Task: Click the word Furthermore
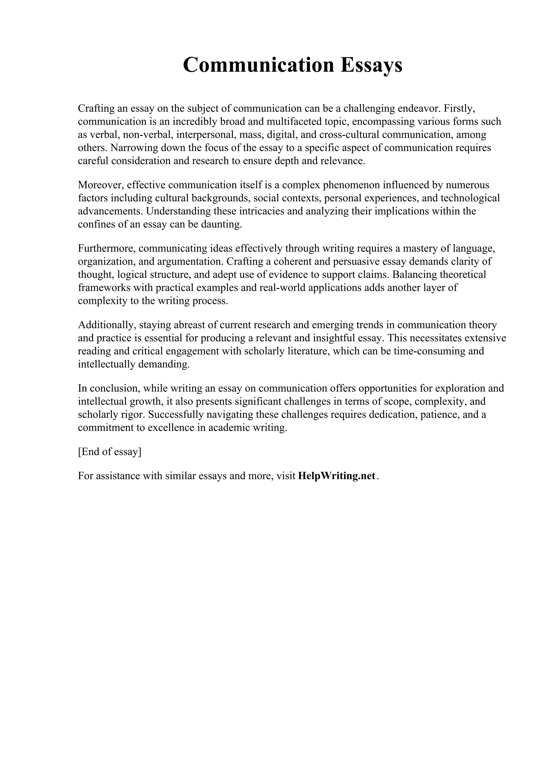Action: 107,248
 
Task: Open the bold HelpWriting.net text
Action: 337,476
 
